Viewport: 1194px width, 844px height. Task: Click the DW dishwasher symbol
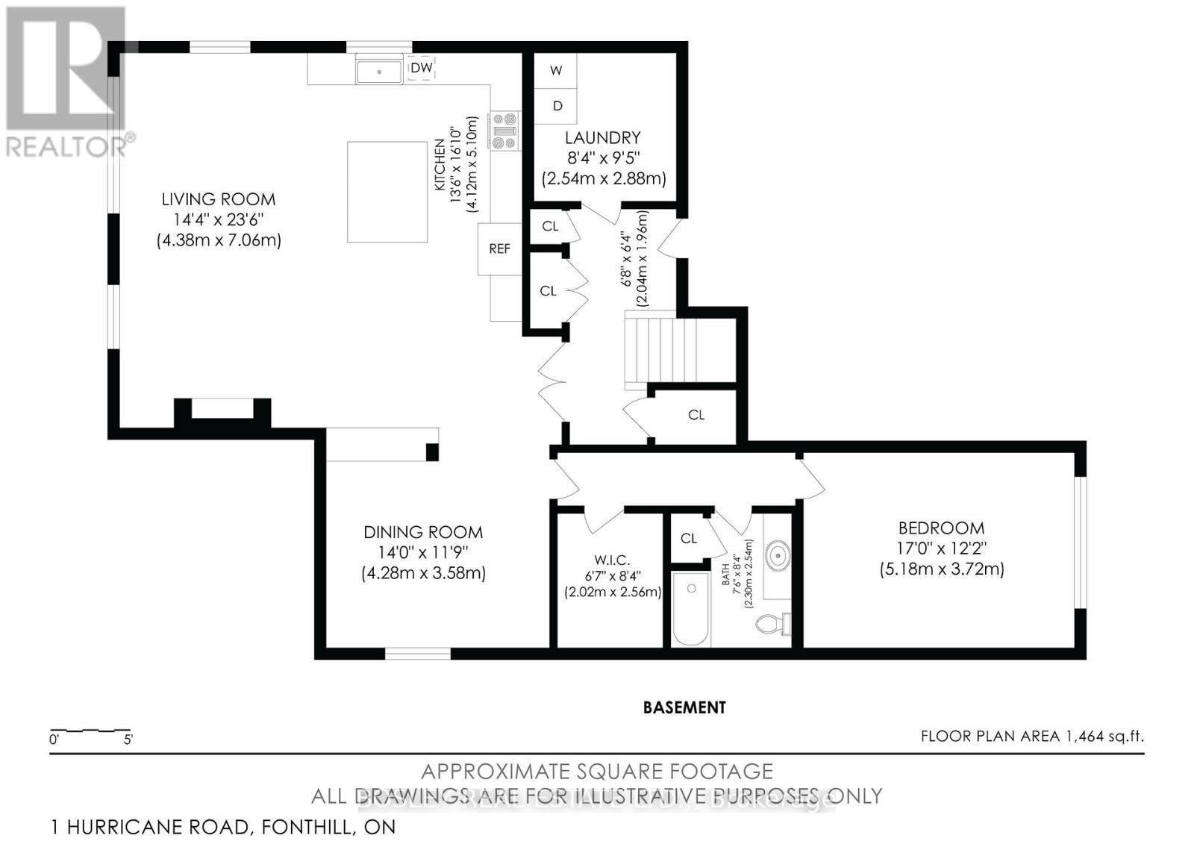click(x=422, y=68)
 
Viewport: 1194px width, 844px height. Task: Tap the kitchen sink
click(x=379, y=72)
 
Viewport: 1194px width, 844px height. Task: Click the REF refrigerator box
click(x=499, y=248)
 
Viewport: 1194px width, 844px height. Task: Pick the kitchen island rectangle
click(x=387, y=192)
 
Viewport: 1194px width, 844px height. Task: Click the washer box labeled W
click(x=556, y=71)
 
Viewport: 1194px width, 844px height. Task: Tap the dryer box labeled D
click(x=557, y=107)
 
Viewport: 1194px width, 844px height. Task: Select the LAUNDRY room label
click(x=602, y=138)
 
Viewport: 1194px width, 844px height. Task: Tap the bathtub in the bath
click(x=690, y=608)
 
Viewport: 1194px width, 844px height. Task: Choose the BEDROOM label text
click(x=941, y=528)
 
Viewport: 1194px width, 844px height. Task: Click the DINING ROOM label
click(x=422, y=533)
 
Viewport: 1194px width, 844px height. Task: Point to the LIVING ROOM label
click(x=219, y=199)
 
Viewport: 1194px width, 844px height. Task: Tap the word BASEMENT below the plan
click(x=684, y=707)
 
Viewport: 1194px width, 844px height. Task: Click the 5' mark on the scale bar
click(x=128, y=740)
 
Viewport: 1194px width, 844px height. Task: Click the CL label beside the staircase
click(x=696, y=415)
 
